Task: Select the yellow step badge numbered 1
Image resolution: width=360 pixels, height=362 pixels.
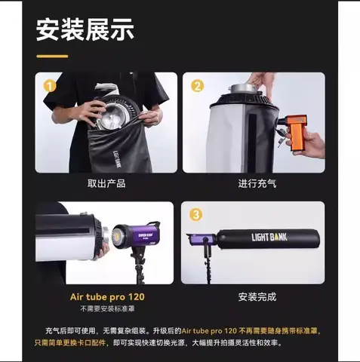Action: [x=50, y=87]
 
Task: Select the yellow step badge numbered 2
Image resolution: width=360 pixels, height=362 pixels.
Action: [x=198, y=87]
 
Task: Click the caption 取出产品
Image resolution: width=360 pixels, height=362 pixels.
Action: [x=106, y=183]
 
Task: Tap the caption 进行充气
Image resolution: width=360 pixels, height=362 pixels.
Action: [x=254, y=183]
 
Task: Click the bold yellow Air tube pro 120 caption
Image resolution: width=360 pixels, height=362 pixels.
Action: [x=107, y=296]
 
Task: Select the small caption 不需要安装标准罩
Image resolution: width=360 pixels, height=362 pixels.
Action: [x=107, y=309]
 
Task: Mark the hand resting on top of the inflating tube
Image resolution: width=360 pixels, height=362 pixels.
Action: [x=260, y=79]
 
